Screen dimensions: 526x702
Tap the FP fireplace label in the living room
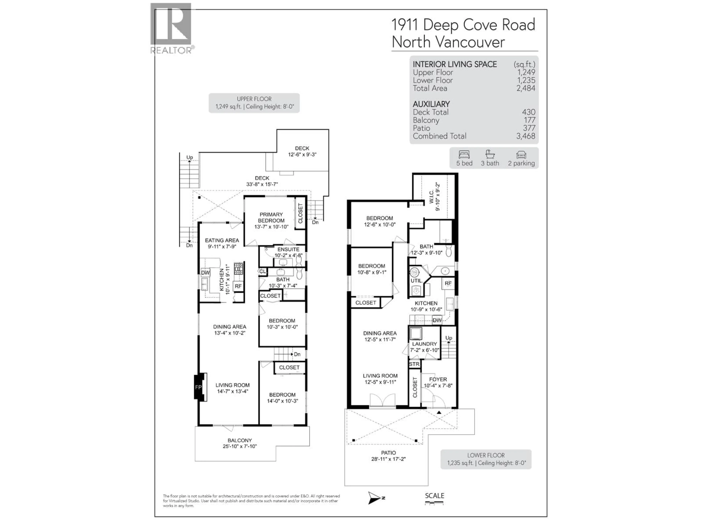click(198, 387)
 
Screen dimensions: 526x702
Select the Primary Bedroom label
click(271, 218)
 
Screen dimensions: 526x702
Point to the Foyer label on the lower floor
click(438, 380)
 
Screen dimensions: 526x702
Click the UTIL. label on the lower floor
click(416, 281)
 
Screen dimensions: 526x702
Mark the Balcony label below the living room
click(240, 440)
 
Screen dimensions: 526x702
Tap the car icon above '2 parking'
click(521, 155)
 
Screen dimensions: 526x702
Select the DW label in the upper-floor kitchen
click(205, 273)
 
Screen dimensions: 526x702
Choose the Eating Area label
click(222, 240)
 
